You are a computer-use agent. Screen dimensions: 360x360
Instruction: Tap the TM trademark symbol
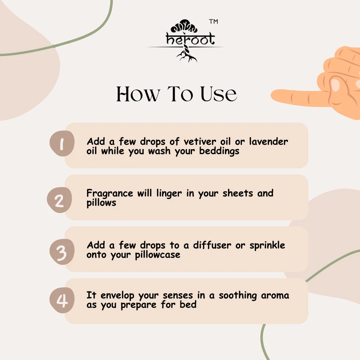coord(213,22)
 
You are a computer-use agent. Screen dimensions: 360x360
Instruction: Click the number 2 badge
coord(59,201)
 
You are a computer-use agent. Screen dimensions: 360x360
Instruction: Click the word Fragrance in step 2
coord(109,193)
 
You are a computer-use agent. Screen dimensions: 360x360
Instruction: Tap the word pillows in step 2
coord(101,202)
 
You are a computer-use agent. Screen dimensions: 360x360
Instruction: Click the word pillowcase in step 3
coord(157,255)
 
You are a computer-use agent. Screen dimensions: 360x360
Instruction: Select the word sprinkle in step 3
coord(267,246)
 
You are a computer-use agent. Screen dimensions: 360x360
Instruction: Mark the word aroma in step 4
coord(275,295)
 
